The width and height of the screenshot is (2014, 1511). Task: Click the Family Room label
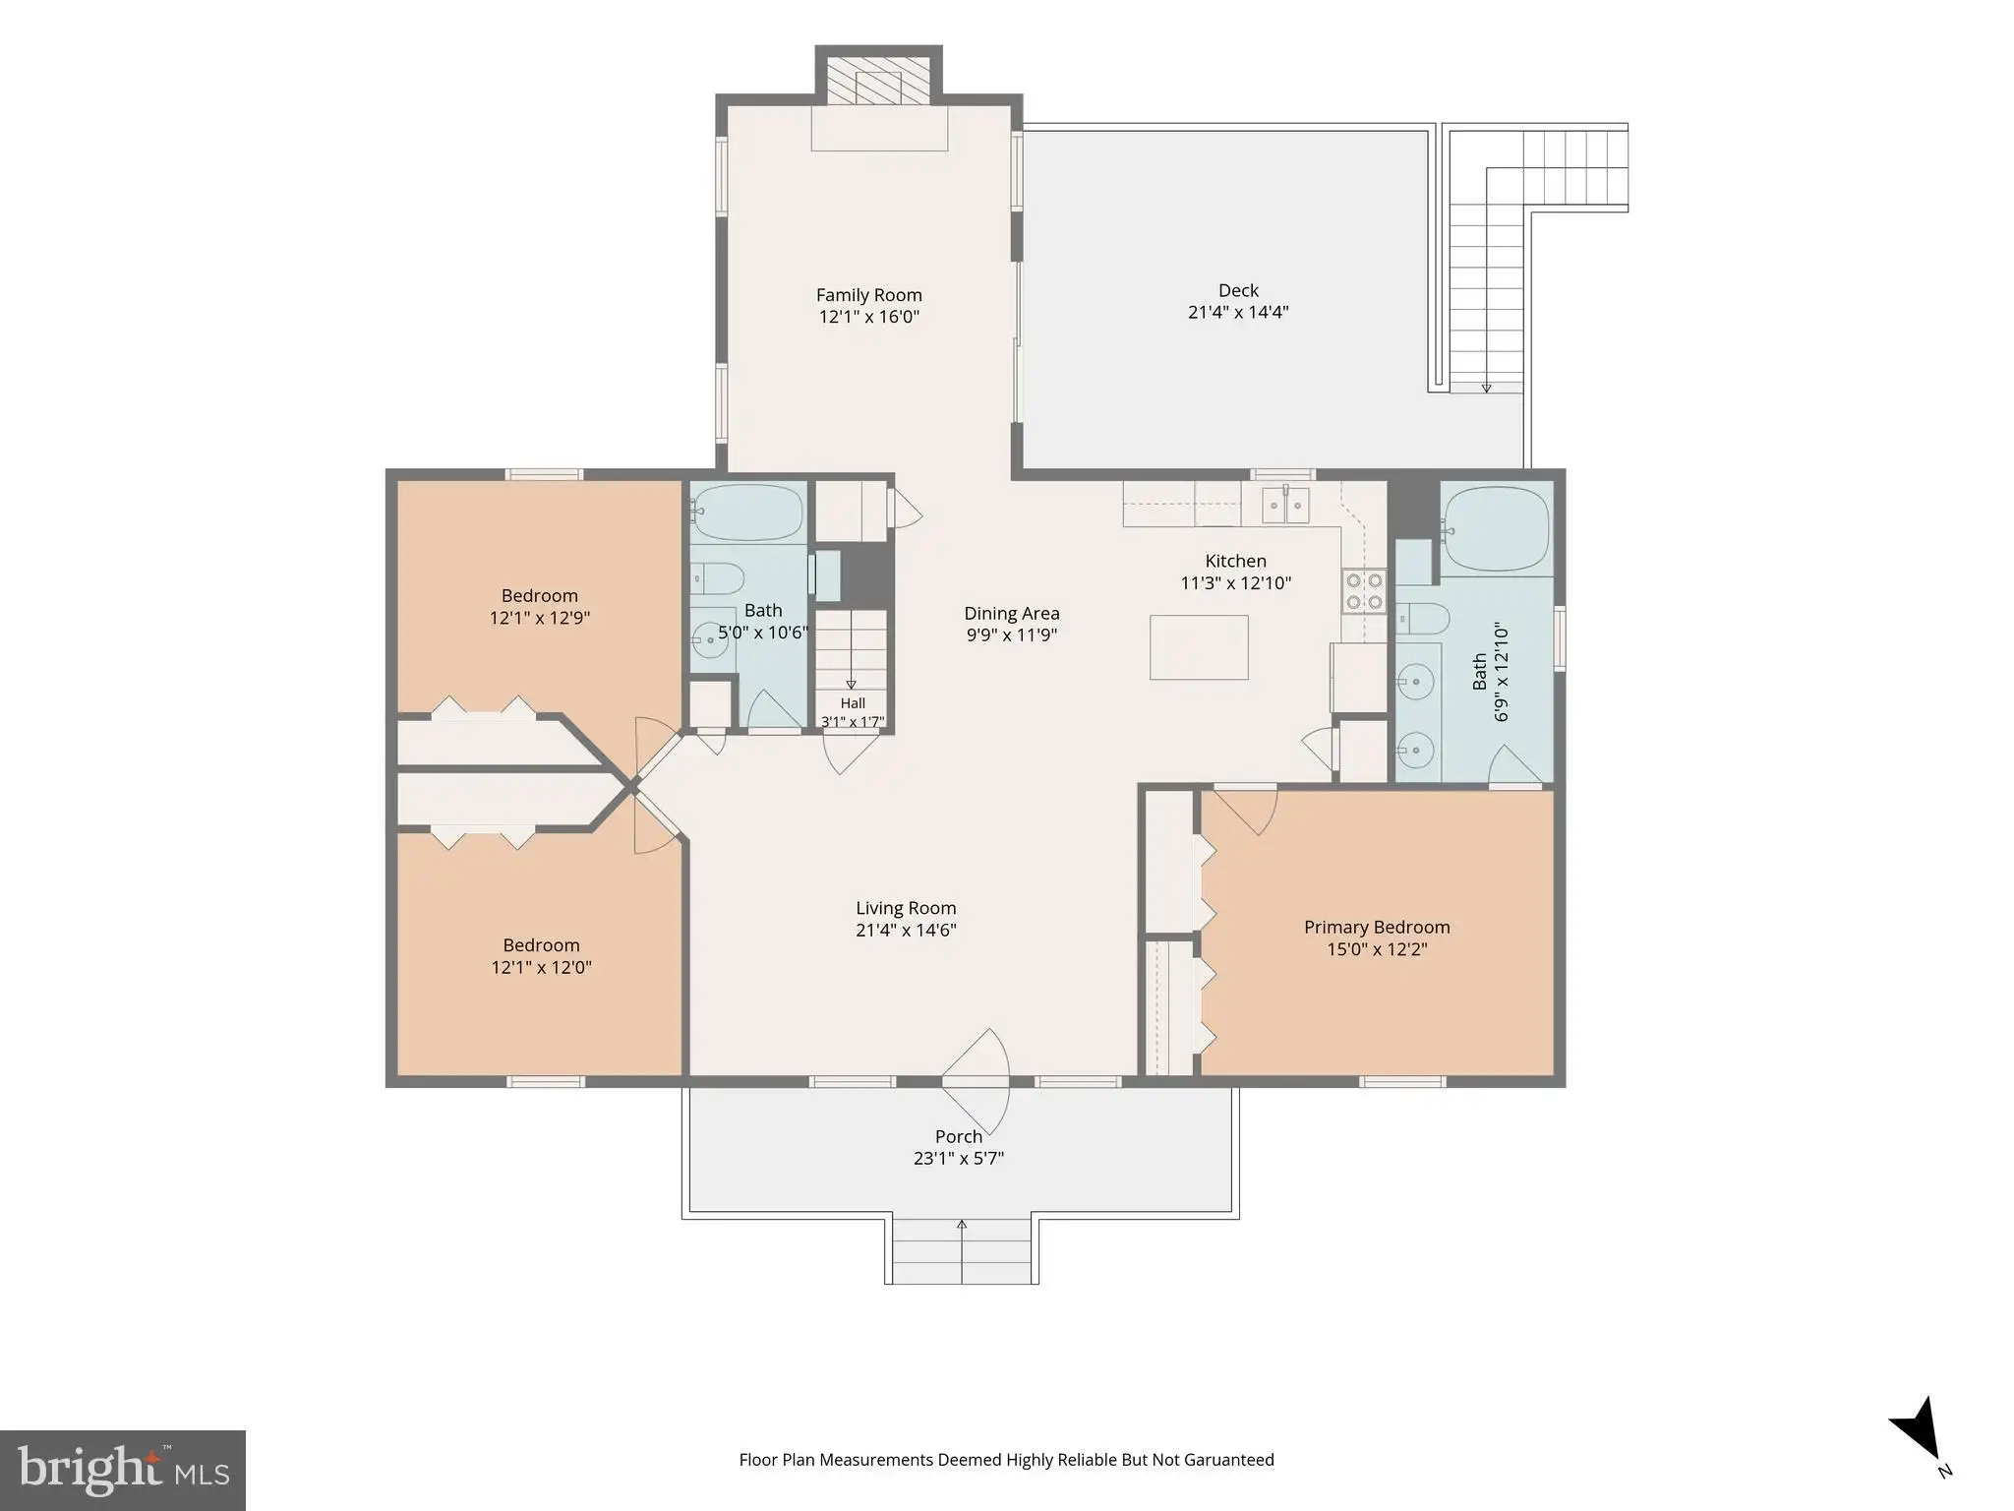[869, 295]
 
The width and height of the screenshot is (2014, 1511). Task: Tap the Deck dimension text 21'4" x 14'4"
[1238, 313]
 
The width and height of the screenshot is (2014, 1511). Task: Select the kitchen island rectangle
[1199, 647]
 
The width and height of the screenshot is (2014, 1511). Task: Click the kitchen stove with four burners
[1364, 591]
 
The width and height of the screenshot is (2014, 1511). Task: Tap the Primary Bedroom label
[1377, 927]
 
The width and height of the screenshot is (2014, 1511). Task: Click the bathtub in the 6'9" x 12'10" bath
[1495, 529]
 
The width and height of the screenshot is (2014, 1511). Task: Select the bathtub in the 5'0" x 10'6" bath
[747, 512]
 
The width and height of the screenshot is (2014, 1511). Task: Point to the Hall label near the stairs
[853, 703]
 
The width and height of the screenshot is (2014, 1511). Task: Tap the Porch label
[959, 1136]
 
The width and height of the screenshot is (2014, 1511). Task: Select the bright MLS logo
[123, 1471]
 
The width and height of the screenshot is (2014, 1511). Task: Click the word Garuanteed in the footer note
[1227, 1459]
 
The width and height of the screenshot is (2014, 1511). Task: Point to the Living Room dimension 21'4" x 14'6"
[906, 930]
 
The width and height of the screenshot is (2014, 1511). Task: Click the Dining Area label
[1012, 614]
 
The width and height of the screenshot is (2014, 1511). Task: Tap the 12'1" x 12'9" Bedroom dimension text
[540, 618]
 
